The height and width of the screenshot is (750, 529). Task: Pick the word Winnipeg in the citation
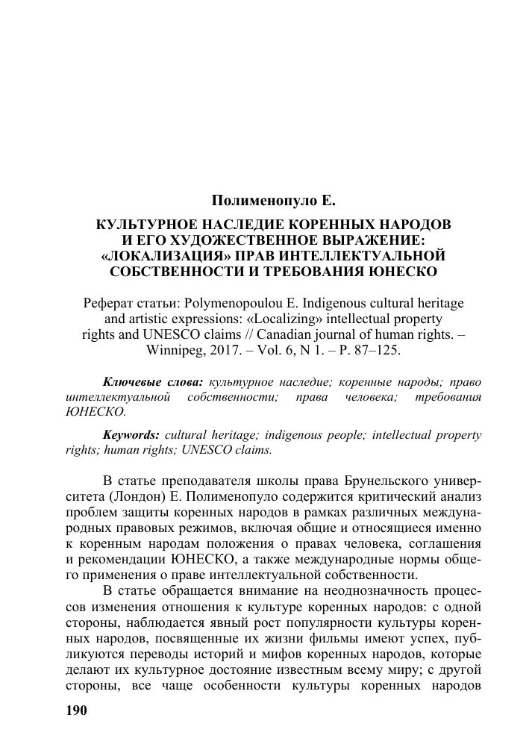point(230,349)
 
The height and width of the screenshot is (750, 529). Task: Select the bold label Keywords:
point(131,434)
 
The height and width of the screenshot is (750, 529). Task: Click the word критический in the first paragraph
point(397,496)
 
